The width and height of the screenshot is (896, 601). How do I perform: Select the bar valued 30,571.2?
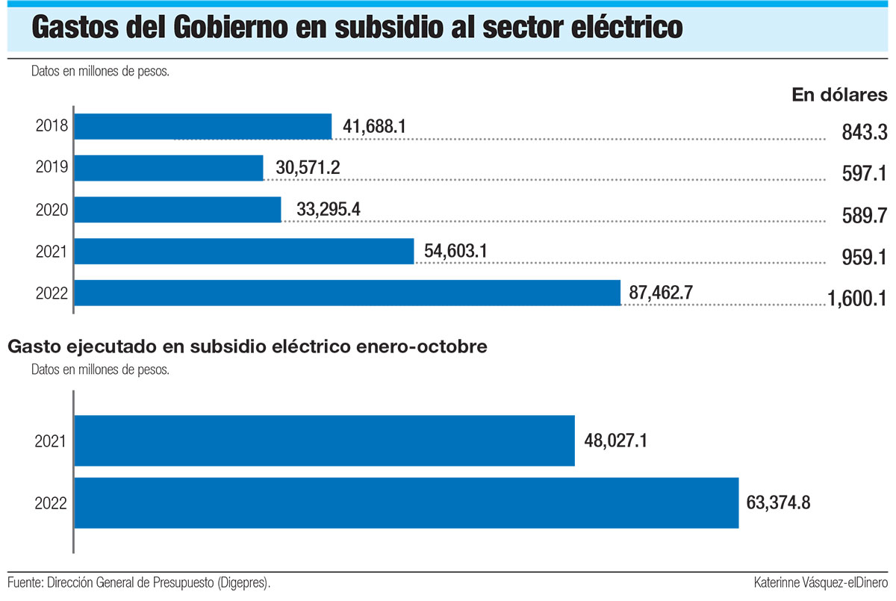(169, 168)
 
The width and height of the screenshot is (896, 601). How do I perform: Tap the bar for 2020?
(178, 210)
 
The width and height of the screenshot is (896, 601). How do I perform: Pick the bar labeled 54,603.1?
(245, 251)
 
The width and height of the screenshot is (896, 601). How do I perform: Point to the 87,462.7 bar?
(348, 293)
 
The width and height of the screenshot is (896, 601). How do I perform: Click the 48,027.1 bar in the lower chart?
(325, 440)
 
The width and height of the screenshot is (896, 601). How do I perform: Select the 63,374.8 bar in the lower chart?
(407, 503)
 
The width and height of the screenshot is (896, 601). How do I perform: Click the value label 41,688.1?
(374, 127)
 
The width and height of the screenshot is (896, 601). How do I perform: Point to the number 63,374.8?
(778, 502)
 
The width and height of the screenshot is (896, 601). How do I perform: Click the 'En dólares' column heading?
(839, 95)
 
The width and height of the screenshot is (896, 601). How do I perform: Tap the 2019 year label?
(52, 168)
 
